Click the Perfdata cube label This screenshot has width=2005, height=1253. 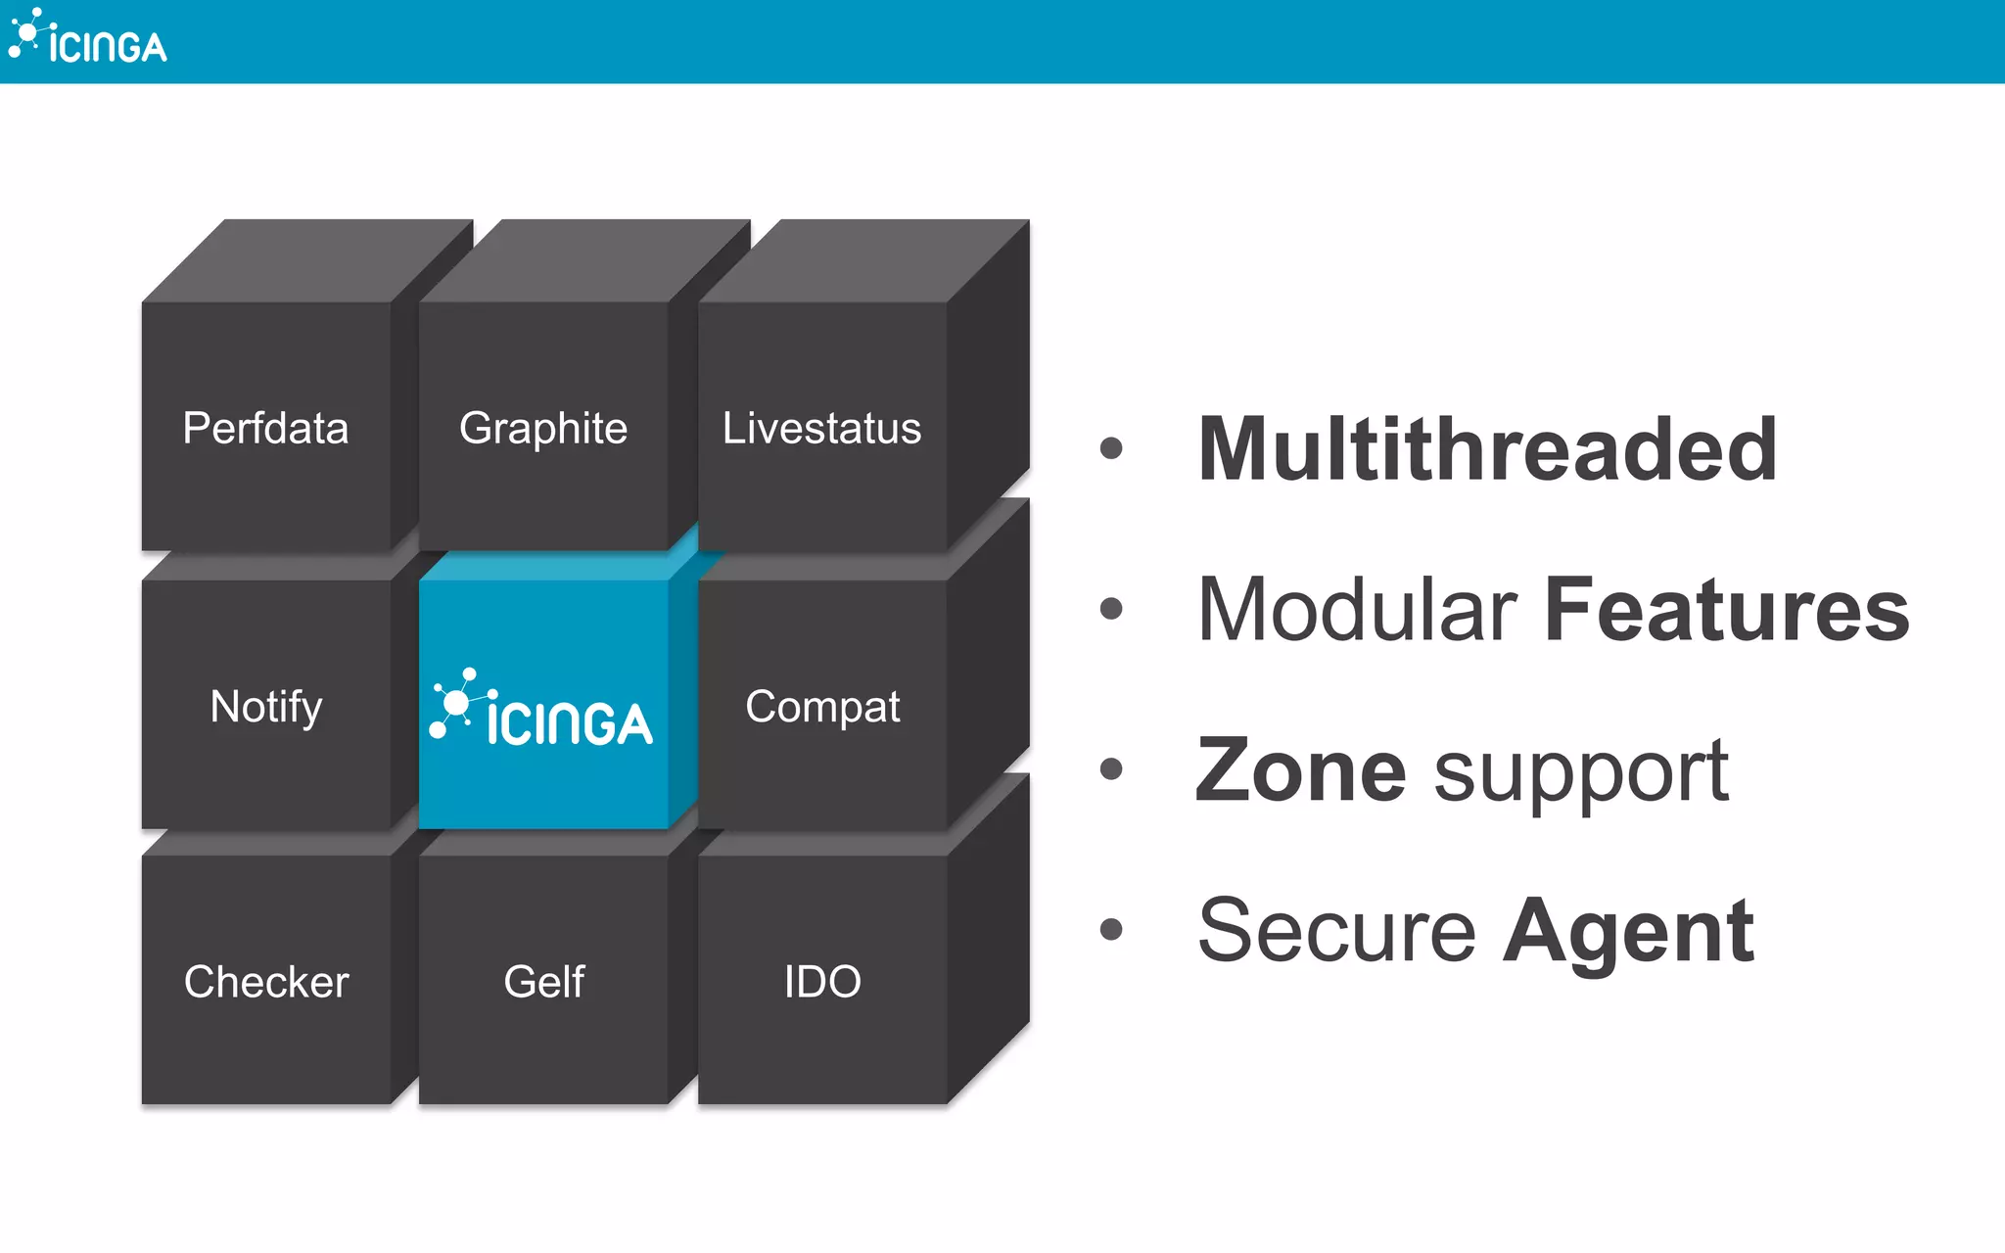(x=265, y=429)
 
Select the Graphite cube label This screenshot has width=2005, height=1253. (x=543, y=429)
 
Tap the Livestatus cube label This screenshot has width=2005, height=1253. (x=821, y=429)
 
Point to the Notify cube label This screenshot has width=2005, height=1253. (x=266, y=707)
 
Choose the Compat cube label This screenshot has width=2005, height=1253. (x=822, y=707)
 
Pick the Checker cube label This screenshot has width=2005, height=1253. (x=266, y=982)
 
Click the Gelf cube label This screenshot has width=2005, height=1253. (x=544, y=982)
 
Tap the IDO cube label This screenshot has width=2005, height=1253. (x=822, y=982)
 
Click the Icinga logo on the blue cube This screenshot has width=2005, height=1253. (x=541, y=709)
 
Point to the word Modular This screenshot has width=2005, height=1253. (x=1358, y=610)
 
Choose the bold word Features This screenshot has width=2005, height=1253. (x=1727, y=610)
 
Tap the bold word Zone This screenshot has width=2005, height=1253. (x=1301, y=770)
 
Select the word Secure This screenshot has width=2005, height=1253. (x=1336, y=931)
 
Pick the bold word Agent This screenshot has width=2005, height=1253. (x=1629, y=931)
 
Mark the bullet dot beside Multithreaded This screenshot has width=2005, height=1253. (x=1111, y=448)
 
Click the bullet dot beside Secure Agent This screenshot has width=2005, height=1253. (x=1111, y=929)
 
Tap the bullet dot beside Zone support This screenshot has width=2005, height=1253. (x=1111, y=768)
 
